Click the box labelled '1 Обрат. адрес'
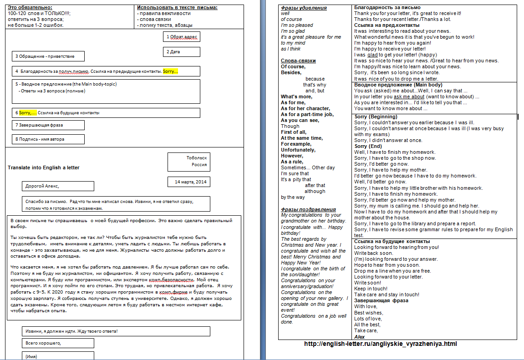pos(181,37)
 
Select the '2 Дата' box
pos(181,52)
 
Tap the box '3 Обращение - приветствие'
pos(49,56)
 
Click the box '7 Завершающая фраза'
pos(48,125)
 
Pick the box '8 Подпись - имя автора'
pos(48,139)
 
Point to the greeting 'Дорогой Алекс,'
pos(58,186)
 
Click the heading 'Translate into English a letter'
pos(44,167)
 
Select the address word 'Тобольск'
pos(197,158)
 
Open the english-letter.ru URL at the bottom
pos(380,344)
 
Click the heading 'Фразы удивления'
pos(304,8)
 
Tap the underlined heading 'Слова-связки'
pos(298,61)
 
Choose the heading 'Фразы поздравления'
pos(308,209)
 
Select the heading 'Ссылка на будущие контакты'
pos(392,241)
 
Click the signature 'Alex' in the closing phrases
pos(359,337)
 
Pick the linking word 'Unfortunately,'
pos(298,150)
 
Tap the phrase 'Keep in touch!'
pos(371,289)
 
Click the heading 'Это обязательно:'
pos(30,8)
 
